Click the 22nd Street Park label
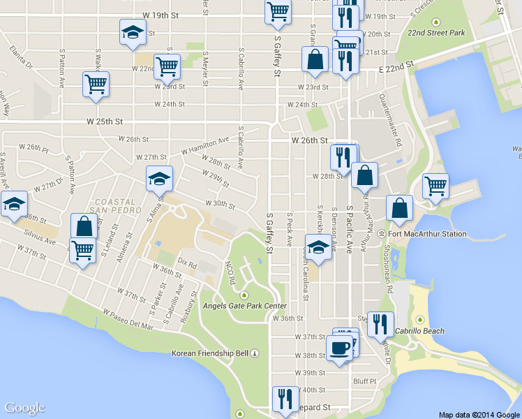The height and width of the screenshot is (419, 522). click(437, 33)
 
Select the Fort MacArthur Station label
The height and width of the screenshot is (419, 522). click(427, 234)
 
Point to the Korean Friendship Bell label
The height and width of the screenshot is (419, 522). click(210, 353)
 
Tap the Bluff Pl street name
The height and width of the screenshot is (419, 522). click(364, 381)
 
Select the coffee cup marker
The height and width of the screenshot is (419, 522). click(340, 348)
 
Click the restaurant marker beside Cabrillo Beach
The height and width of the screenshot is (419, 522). click(380, 324)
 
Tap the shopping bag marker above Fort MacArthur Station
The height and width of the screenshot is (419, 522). click(399, 208)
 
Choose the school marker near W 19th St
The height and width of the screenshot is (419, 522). click(133, 33)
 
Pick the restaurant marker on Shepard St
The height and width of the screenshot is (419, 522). click(285, 399)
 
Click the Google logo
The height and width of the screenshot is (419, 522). click(24, 409)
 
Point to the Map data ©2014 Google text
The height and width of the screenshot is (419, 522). click(479, 415)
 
